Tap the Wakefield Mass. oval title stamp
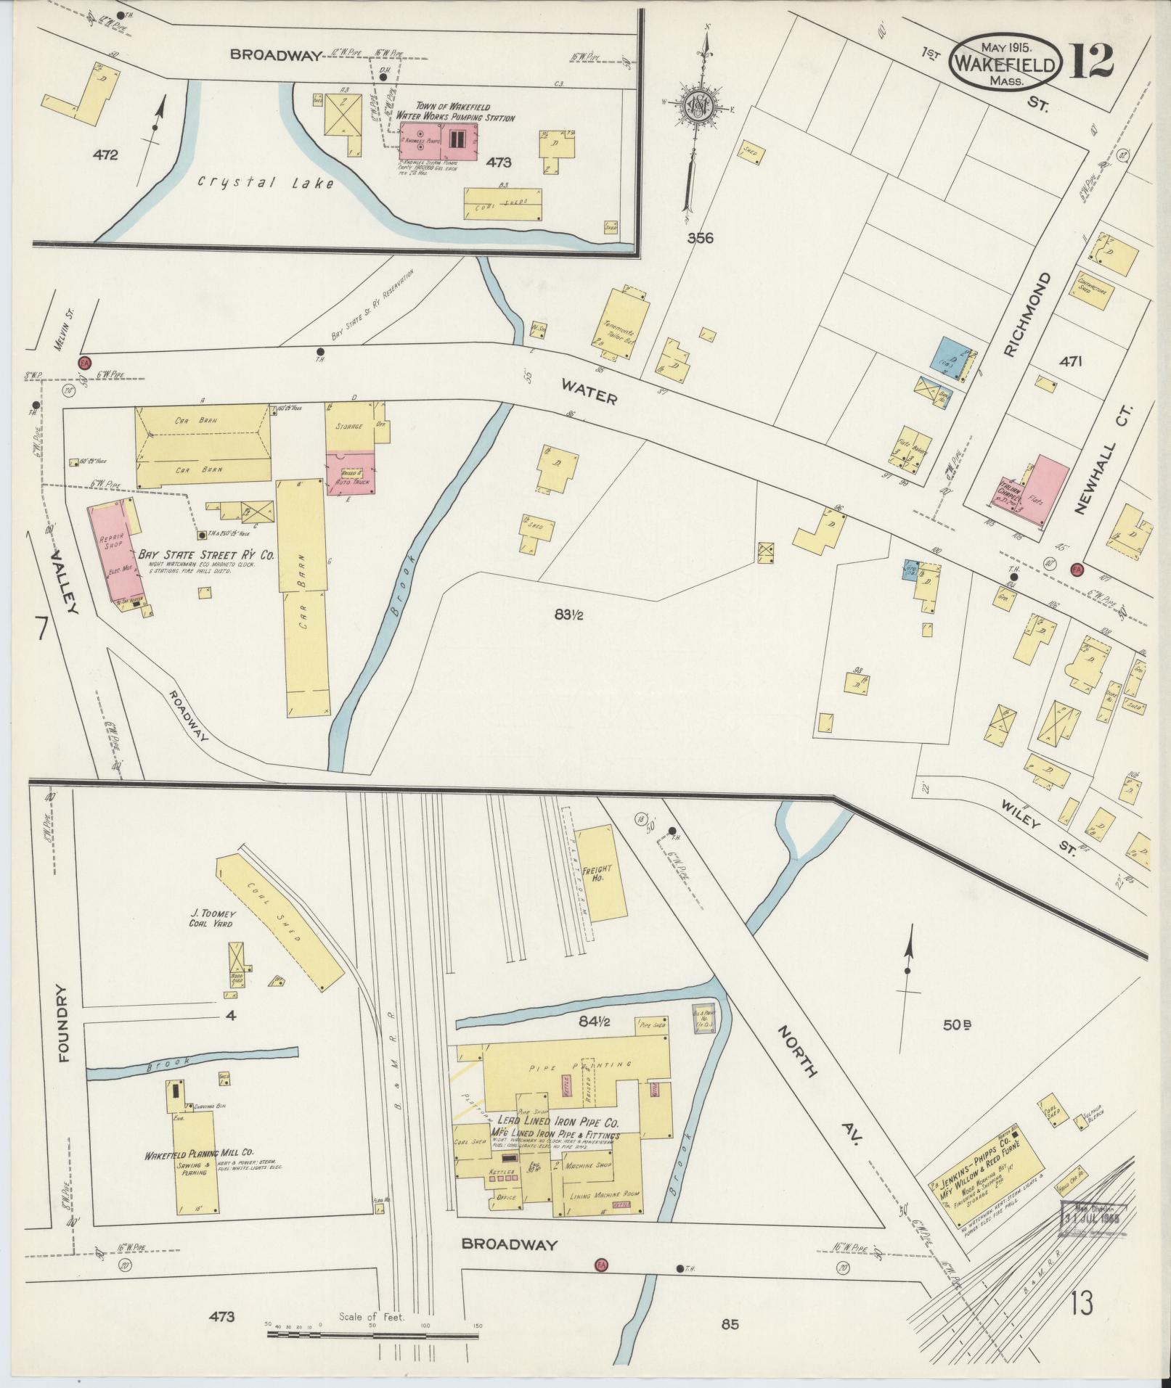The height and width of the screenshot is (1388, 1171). point(1006,64)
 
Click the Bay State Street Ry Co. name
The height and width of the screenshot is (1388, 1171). point(211,555)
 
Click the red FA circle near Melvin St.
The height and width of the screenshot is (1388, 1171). point(85,361)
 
